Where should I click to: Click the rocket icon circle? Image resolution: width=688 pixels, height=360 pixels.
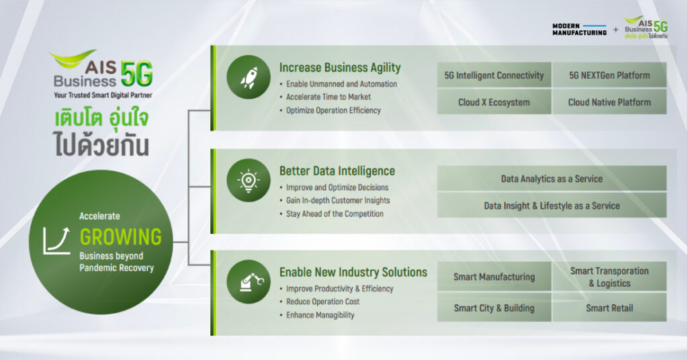pos(249,77)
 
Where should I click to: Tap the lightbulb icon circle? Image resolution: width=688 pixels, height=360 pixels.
pos(249,180)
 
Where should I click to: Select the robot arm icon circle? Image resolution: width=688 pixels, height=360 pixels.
pos(249,281)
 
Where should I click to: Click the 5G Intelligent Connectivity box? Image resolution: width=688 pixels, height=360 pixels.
pos(494,75)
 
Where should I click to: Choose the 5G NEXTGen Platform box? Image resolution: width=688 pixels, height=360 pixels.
pos(609,75)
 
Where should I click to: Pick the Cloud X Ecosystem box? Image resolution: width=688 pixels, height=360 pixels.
pos(494,101)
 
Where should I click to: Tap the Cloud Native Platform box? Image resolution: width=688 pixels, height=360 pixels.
pos(609,101)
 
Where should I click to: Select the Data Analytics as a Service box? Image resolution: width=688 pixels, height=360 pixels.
pos(552,179)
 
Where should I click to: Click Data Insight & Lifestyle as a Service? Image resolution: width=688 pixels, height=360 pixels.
pos(552,206)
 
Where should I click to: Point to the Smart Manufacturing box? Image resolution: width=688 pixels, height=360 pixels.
pos(494,277)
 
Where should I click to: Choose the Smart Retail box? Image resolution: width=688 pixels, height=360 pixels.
pos(609,308)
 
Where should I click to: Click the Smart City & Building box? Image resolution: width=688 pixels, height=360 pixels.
pos(494,308)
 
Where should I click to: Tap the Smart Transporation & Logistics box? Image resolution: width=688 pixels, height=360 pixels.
pos(609,277)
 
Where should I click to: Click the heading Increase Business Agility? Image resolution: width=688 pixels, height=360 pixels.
pos(340,68)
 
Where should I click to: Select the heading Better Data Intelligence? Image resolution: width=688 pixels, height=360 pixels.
pos(337,171)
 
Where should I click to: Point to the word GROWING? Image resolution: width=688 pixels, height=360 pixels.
pos(121,237)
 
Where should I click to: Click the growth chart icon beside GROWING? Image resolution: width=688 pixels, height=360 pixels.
pos(56,240)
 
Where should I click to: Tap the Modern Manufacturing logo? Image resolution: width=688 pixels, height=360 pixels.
pos(579,30)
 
